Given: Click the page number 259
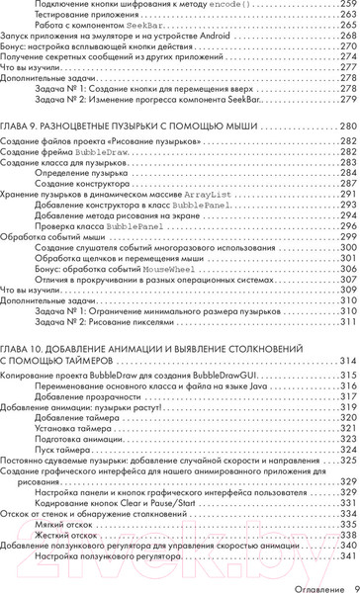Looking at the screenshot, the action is pos(347,5).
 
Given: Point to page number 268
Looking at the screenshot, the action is pos(347,43).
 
